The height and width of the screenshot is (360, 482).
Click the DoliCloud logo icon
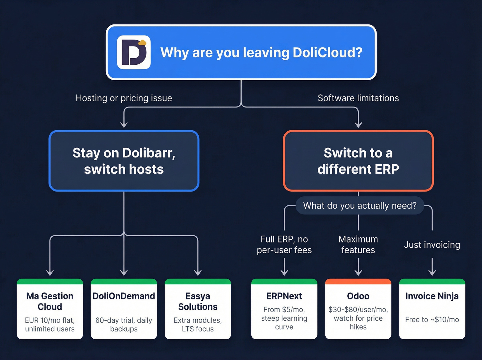(x=134, y=52)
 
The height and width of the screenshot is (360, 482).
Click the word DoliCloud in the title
(x=327, y=53)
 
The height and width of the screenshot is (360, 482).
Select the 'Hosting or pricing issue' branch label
(x=124, y=98)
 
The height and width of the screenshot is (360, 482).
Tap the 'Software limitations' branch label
(x=358, y=98)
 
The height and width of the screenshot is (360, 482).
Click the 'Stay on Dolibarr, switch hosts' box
(x=124, y=161)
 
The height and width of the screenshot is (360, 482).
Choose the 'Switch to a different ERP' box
(x=358, y=161)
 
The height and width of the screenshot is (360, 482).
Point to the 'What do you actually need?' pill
(x=360, y=206)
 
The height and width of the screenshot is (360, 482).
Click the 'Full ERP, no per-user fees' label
(x=284, y=245)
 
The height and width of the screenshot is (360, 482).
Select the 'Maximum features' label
(x=358, y=245)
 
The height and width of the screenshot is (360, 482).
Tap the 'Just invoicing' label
(x=432, y=245)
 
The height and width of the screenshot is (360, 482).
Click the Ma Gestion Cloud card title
(x=50, y=301)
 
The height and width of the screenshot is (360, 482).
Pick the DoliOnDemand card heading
(x=124, y=296)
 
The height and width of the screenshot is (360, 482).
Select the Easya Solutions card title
(x=198, y=301)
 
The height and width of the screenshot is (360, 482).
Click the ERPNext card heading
(x=284, y=296)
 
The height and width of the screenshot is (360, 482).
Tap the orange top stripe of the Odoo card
(x=358, y=281)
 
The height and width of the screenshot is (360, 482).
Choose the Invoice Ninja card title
(x=432, y=296)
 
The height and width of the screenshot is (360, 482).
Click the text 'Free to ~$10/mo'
(x=432, y=320)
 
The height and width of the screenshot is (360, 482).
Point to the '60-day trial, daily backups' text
(x=124, y=325)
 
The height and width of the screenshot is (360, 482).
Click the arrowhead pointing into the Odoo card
(x=358, y=272)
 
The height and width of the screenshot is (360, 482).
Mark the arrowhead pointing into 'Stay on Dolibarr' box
(x=124, y=124)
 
